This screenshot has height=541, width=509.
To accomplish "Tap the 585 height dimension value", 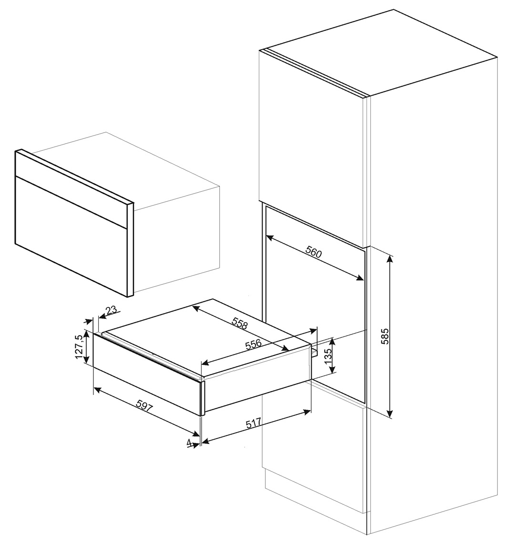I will (385, 336).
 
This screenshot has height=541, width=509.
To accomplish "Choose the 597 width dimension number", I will (144, 405).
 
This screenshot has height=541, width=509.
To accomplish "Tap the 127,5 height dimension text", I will (79, 346).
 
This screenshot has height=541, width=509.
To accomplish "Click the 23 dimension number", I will (111, 310).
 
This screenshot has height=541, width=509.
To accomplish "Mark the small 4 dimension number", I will (189, 443).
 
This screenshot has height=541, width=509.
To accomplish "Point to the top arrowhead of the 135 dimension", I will (333, 340).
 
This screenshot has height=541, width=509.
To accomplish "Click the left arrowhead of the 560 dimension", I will (268, 236).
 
